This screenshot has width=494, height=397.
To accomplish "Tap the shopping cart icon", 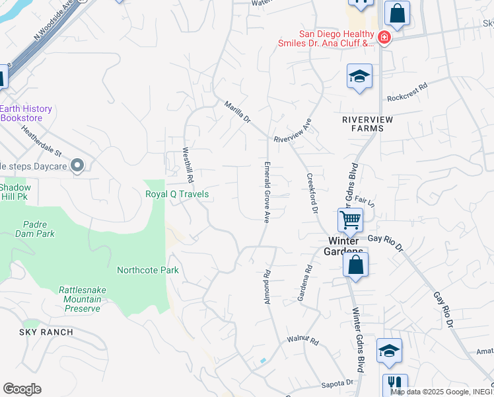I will [350, 219].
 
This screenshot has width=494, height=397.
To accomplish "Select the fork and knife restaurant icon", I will [394, 384].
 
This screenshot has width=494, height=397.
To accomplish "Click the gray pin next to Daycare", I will [77, 165].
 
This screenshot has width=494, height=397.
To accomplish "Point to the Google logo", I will [22, 388].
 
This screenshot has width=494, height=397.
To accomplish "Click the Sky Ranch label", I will [46, 331].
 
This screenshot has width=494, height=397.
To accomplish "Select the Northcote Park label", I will [148, 270].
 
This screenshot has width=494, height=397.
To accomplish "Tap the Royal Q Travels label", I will [177, 194].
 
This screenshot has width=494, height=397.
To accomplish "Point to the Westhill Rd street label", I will [189, 165].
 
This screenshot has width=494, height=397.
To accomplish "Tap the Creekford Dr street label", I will [312, 193].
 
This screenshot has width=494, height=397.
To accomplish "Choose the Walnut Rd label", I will [302, 341].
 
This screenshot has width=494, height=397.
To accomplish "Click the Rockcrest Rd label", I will [407, 95].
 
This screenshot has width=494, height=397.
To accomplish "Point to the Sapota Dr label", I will [338, 383].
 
